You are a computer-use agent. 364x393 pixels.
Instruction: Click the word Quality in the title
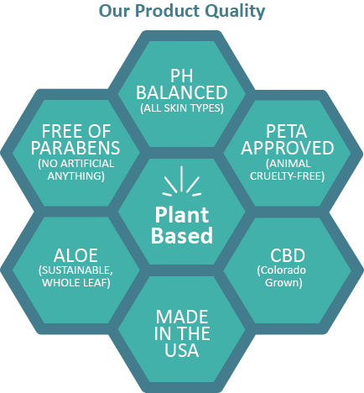coord(234,12)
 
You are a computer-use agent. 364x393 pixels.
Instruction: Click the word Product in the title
coord(167,11)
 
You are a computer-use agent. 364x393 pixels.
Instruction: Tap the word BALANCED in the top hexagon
coord(182,92)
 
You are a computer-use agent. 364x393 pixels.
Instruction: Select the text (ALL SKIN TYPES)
coord(182,108)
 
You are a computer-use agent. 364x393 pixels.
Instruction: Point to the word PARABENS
coord(75,148)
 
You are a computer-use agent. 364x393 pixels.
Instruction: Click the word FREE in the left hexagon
coord(59,131)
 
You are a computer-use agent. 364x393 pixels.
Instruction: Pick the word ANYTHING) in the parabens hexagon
coord(76,176)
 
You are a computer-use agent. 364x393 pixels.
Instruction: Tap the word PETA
coord(286,131)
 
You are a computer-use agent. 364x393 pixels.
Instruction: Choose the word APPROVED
coord(288,148)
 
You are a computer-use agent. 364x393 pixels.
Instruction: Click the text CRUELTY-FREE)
coord(287,176)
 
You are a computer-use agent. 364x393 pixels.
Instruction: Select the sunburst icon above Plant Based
coord(182,181)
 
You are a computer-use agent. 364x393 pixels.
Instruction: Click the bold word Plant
coord(182,215)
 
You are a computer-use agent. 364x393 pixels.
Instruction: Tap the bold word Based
coord(182,235)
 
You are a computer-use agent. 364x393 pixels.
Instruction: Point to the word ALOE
coord(75,255)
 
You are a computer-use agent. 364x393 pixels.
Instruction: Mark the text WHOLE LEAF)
coord(76,283)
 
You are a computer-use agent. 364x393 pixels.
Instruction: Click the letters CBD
coord(288,255)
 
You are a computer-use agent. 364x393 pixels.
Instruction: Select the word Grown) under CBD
coord(283,283)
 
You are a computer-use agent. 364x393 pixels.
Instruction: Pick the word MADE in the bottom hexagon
coord(182,317)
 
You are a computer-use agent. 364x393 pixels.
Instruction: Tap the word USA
coord(182,350)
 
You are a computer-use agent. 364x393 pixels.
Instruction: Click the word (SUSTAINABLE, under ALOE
coord(75,270)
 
